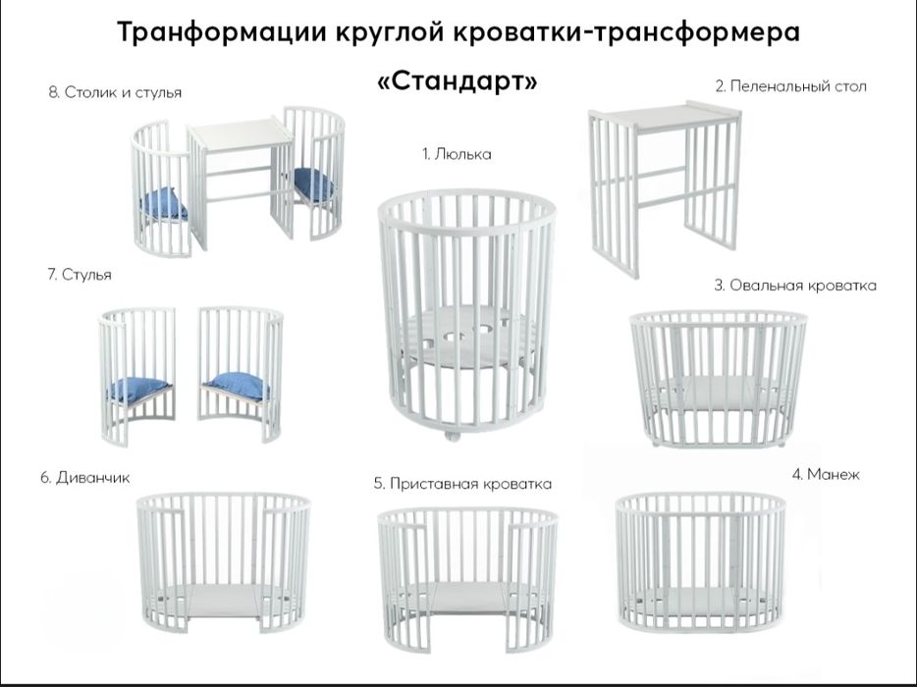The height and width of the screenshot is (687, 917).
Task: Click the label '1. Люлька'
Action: (457, 154)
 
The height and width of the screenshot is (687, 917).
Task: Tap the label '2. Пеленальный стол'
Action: (790, 86)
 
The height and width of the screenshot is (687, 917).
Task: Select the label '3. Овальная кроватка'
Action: (795, 286)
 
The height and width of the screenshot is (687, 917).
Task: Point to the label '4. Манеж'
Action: (826, 474)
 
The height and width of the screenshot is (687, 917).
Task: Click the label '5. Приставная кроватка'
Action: (462, 484)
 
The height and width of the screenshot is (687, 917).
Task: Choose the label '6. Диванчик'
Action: (84, 478)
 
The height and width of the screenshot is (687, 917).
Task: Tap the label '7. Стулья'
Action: (80, 275)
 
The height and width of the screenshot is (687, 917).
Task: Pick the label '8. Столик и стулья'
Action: (115, 92)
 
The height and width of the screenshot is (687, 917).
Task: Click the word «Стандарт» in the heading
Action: (458, 81)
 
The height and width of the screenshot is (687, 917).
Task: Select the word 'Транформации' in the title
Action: (222, 32)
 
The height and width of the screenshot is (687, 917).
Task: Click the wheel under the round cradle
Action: (451, 435)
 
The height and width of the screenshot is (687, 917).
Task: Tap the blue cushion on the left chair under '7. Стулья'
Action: (138, 389)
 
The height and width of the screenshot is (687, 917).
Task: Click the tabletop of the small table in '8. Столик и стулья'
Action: (241, 133)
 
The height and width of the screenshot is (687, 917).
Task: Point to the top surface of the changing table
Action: (665, 116)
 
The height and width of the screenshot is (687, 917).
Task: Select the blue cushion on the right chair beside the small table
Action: (313, 183)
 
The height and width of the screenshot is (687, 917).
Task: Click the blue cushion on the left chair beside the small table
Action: (164, 203)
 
